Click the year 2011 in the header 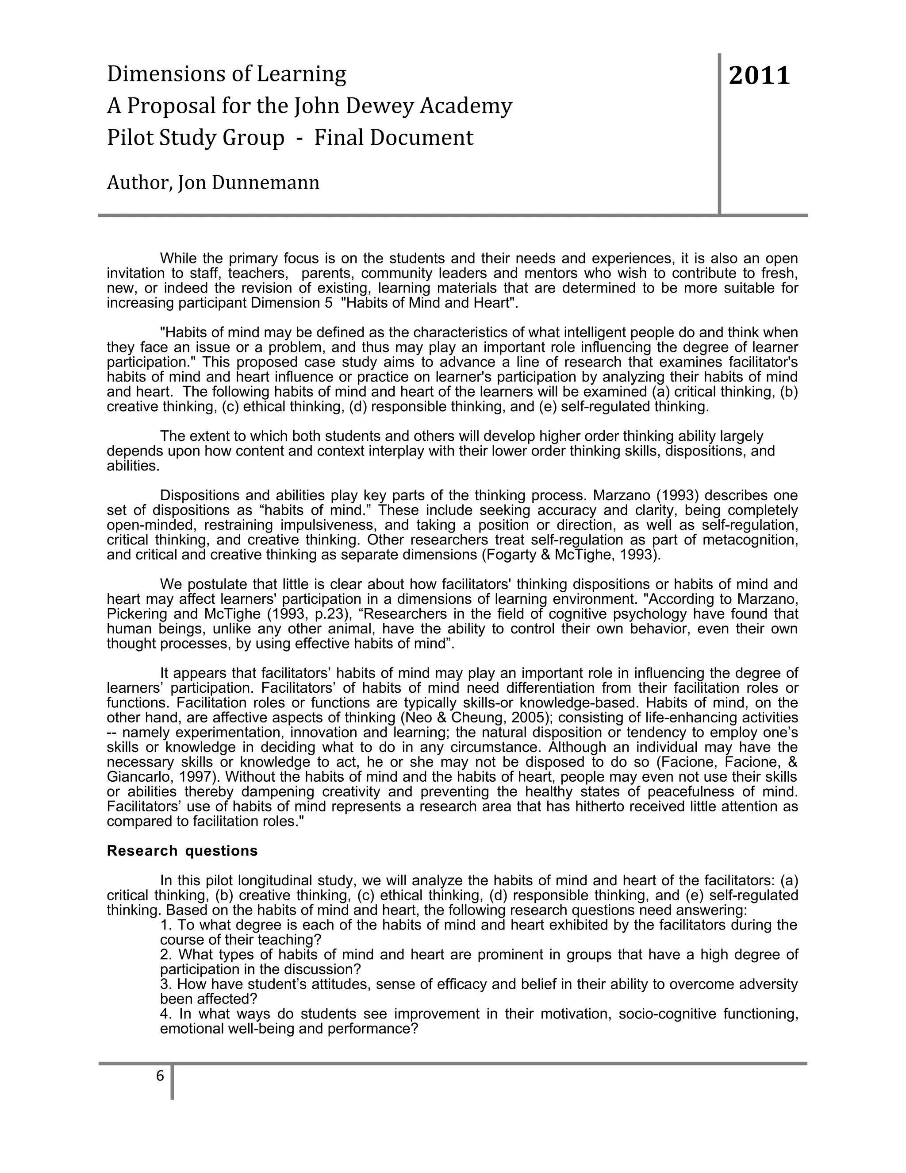pyautogui.click(x=760, y=76)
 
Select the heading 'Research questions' pyautogui.click(x=182, y=851)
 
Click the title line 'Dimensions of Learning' pyautogui.click(x=226, y=73)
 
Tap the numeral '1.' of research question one pyautogui.click(x=166, y=925)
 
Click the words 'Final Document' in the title pyautogui.click(x=393, y=138)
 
